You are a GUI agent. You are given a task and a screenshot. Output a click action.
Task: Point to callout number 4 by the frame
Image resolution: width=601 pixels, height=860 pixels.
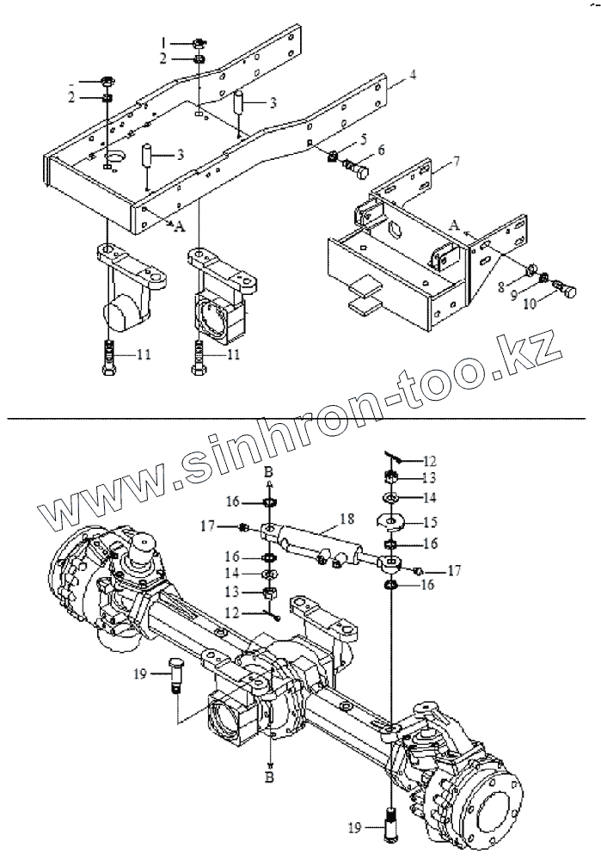[413, 76]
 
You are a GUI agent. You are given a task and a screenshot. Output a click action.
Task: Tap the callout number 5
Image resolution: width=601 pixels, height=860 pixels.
[364, 138]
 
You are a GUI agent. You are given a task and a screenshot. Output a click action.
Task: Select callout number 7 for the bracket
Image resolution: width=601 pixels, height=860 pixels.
[456, 162]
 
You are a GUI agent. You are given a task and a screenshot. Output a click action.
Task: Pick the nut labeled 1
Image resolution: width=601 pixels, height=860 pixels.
[199, 42]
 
